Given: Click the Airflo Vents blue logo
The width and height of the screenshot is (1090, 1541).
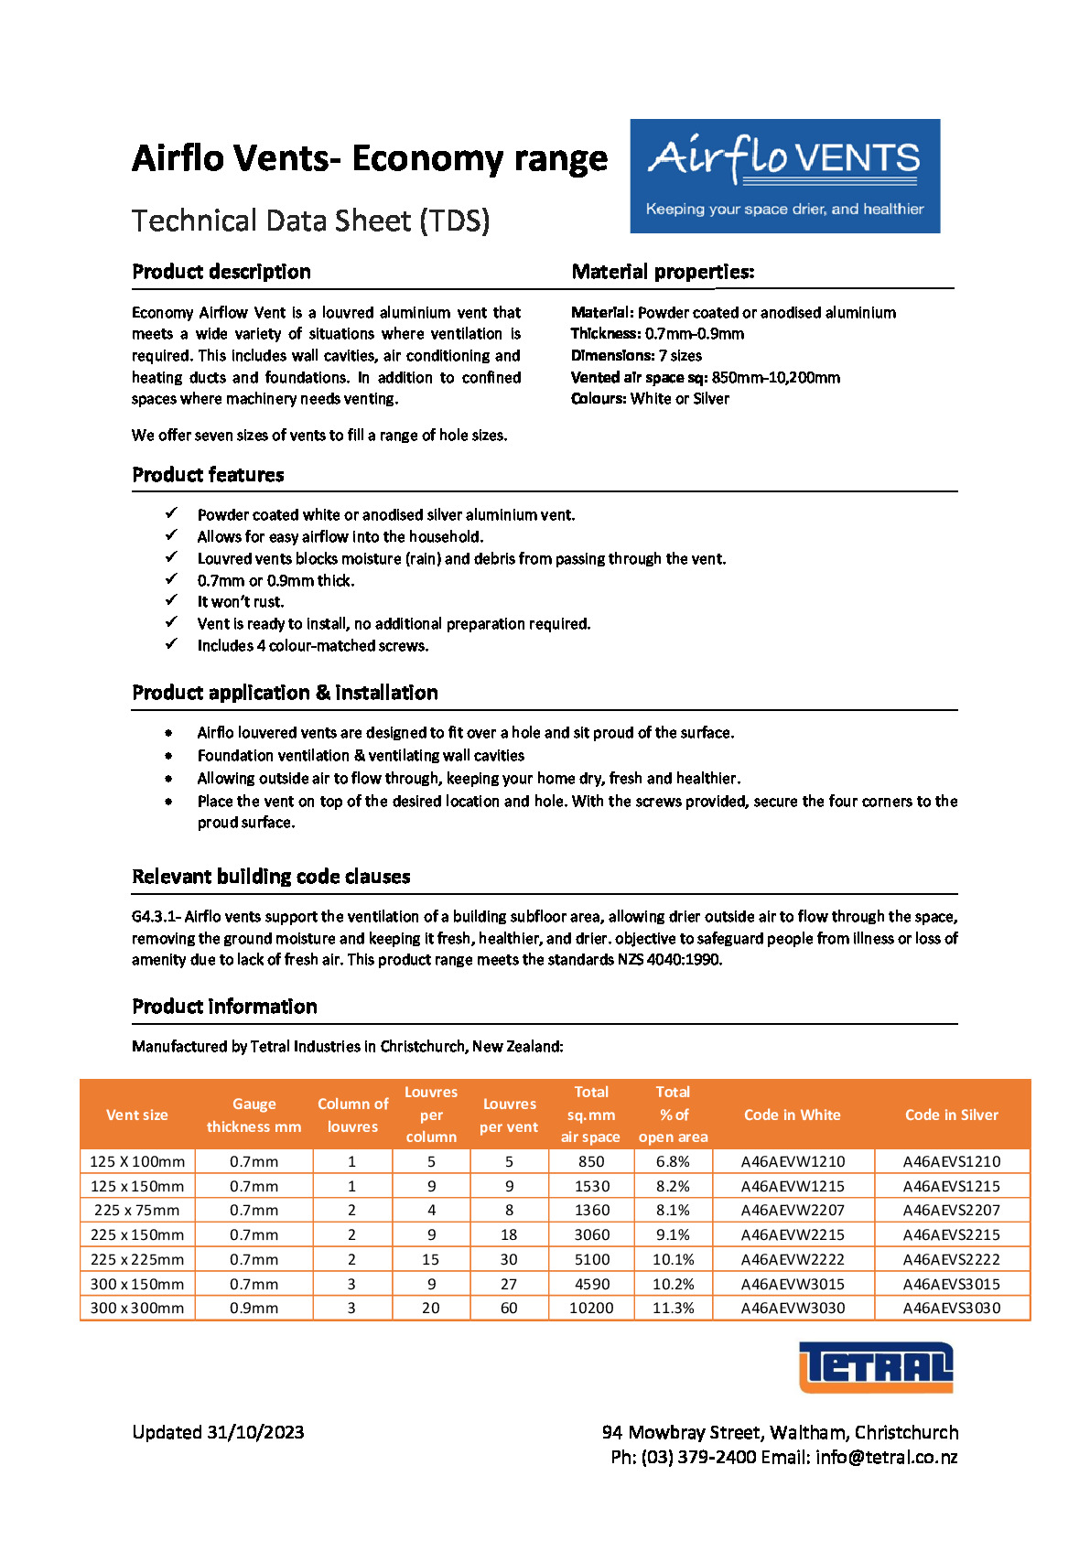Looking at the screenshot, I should pyautogui.click(x=784, y=176).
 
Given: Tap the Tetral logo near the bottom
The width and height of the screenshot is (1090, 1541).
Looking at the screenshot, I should pyautogui.click(x=876, y=1367).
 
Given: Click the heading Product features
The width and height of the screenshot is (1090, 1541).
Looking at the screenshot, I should pyautogui.click(x=208, y=475).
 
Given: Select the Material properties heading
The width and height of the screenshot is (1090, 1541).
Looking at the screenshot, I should pyautogui.click(x=663, y=272).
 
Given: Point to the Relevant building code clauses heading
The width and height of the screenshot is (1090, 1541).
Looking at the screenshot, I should pyautogui.click(x=271, y=877).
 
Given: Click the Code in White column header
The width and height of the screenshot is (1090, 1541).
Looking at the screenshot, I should pyautogui.click(x=792, y=1115).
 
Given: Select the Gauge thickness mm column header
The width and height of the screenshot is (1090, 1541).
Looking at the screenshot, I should pyautogui.click(x=254, y=1115).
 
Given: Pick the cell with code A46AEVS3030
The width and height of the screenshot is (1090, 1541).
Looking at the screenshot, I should pyautogui.click(x=951, y=1308).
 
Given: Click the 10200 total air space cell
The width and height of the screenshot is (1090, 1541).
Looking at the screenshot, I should pyautogui.click(x=591, y=1308).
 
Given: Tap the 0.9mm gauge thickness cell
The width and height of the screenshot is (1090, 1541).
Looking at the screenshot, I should pyautogui.click(x=254, y=1308).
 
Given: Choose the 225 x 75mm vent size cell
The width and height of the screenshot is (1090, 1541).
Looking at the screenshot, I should pyautogui.click(x=136, y=1210).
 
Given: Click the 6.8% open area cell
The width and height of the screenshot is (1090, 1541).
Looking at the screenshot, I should pyautogui.click(x=673, y=1161).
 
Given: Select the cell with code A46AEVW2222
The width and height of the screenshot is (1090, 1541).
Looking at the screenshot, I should pyautogui.click(x=793, y=1259).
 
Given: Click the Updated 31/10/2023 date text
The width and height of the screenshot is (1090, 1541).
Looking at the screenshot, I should pyautogui.click(x=218, y=1432).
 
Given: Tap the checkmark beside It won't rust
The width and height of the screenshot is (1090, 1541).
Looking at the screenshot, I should pyautogui.click(x=171, y=600).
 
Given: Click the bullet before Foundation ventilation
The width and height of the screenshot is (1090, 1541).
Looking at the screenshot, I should pyautogui.click(x=169, y=756).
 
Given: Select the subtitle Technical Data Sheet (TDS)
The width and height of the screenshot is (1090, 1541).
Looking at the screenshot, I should pyautogui.click(x=310, y=221).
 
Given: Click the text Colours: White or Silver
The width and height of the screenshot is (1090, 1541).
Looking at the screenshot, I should pyautogui.click(x=650, y=399).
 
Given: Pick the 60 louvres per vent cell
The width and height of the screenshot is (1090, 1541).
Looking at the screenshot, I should pyautogui.click(x=509, y=1308).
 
